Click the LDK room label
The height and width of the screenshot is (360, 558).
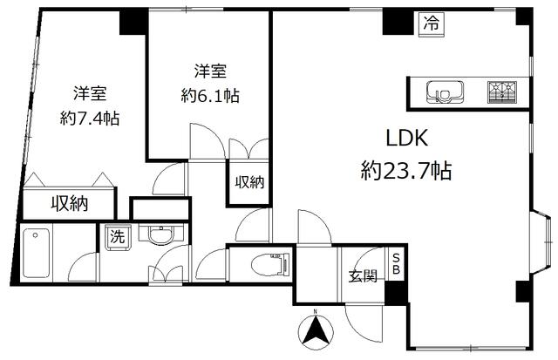(x=407, y=139)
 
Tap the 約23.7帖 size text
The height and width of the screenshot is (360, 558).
(x=406, y=171)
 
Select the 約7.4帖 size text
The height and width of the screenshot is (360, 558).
(x=90, y=118)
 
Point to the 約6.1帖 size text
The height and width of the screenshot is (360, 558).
(x=210, y=96)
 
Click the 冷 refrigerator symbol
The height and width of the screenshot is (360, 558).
(x=432, y=24)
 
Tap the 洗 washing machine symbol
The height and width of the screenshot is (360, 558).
(x=118, y=237)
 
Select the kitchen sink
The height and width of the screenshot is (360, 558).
(x=445, y=92)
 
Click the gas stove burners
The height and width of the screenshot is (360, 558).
(x=502, y=92)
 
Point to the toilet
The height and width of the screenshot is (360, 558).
(x=271, y=264)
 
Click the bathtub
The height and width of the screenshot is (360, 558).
(x=36, y=253)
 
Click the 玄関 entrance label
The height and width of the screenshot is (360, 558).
(x=363, y=276)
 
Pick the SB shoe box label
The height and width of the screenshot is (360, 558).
(x=396, y=264)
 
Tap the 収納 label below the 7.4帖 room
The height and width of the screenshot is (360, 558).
(x=69, y=204)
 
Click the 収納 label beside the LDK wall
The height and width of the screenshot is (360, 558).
(x=249, y=182)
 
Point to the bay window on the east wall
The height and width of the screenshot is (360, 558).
(x=542, y=242)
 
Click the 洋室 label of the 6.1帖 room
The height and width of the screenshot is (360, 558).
(x=210, y=71)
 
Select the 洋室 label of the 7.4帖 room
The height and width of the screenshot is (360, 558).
(x=90, y=93)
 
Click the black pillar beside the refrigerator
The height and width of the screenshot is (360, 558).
(x=398, y=22)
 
